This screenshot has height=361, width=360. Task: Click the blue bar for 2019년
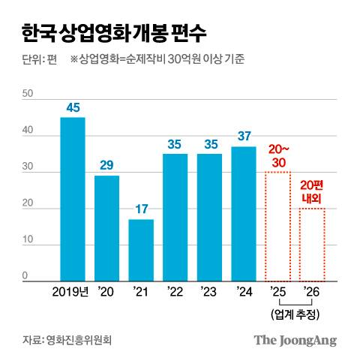(x=73, y=199)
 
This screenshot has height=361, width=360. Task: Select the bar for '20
(x=106, y=227)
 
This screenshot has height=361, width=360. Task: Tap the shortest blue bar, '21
(x=141, y=250)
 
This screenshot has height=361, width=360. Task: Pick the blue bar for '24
(x=244, y=213)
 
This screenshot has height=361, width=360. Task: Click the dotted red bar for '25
(x=278, y=226)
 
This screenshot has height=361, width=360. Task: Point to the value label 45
(x=73, y=108)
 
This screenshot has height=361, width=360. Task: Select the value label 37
(x=244, y=137)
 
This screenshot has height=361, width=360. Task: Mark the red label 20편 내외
(x=312, y=191)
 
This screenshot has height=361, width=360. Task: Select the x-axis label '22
(x=175, y=291)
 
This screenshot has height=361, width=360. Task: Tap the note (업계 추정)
(x=295, y=312)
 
